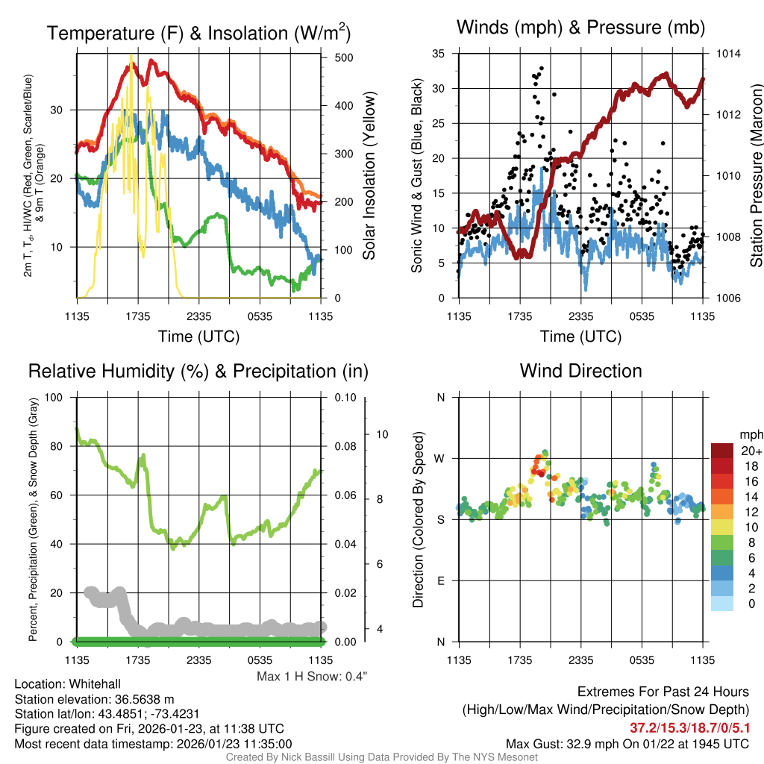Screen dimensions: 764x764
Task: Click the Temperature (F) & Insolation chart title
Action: (x=198, y=33)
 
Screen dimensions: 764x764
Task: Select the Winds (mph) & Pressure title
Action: (x=580, y=28)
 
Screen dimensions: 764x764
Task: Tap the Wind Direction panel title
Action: (x=580, y=371)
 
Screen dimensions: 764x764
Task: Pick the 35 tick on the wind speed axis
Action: (x=439, y=54)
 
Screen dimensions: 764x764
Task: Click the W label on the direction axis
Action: (x=439, y=458)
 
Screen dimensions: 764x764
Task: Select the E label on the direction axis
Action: (x=439, y=580)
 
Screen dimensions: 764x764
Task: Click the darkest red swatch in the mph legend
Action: (x=723, y=451)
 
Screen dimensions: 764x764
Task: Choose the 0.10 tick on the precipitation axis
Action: (x=345, y=398)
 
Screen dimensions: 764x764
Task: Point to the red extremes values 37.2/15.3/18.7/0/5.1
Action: (x=689, y=727)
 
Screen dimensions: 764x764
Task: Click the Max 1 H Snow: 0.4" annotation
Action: (x=312, y=676)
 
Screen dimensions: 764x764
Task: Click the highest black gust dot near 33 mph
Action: (x=541, y=68)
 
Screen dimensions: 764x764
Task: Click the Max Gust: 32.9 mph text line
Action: (x=627, y=743)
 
